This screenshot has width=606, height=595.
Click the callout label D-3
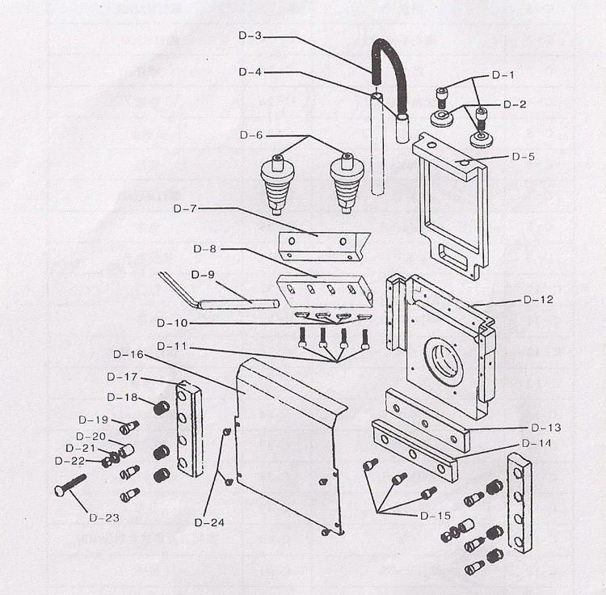[251, 36]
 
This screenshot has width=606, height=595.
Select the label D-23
[104, 517]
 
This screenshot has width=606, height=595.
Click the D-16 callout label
[128, 354]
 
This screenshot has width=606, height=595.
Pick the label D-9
[203, 275]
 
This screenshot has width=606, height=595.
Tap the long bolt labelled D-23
[71, 486]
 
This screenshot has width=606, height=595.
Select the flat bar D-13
[427, 419]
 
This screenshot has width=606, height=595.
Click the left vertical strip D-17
[188, 429]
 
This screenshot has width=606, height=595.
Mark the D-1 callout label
[503, 75]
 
